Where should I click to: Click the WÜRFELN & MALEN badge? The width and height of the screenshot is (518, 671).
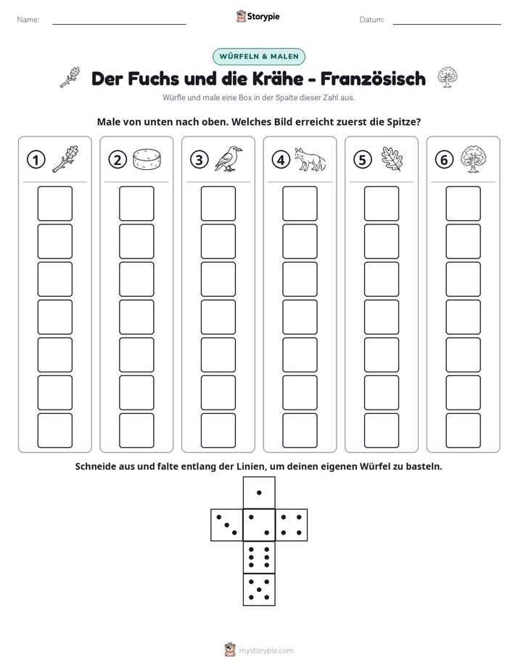pos(258,57)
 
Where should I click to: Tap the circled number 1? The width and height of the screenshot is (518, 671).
pos(36,160)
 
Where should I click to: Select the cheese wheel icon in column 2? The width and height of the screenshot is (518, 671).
pos(147,159)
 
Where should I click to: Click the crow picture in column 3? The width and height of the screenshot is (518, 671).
pos(228,158)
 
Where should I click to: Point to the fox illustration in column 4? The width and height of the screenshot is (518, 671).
pos(310,159)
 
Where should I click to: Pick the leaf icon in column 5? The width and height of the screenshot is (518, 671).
pos(392,159)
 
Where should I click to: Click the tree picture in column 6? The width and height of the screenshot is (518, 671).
pos(473,159)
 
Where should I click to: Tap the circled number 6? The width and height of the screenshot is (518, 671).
pos(444,160)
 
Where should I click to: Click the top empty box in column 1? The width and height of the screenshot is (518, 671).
pos(54,203)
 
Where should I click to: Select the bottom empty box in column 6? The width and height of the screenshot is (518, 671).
pos(463,431)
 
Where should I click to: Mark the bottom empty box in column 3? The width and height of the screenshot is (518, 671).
pos(218,431)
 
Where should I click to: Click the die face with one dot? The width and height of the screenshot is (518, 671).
pos(259,493)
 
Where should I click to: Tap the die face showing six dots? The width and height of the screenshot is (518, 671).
pos(259,557)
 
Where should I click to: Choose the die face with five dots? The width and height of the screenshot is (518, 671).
pos(259,589)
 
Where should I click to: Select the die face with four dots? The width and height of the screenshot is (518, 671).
pos(292,525)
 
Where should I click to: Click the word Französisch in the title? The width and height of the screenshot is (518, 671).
pos(373,78)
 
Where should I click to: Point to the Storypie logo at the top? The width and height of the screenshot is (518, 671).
pos(258,17)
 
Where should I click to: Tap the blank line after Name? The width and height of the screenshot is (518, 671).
pos(119,24)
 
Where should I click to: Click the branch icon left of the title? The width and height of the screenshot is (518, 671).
pos(70,77)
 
